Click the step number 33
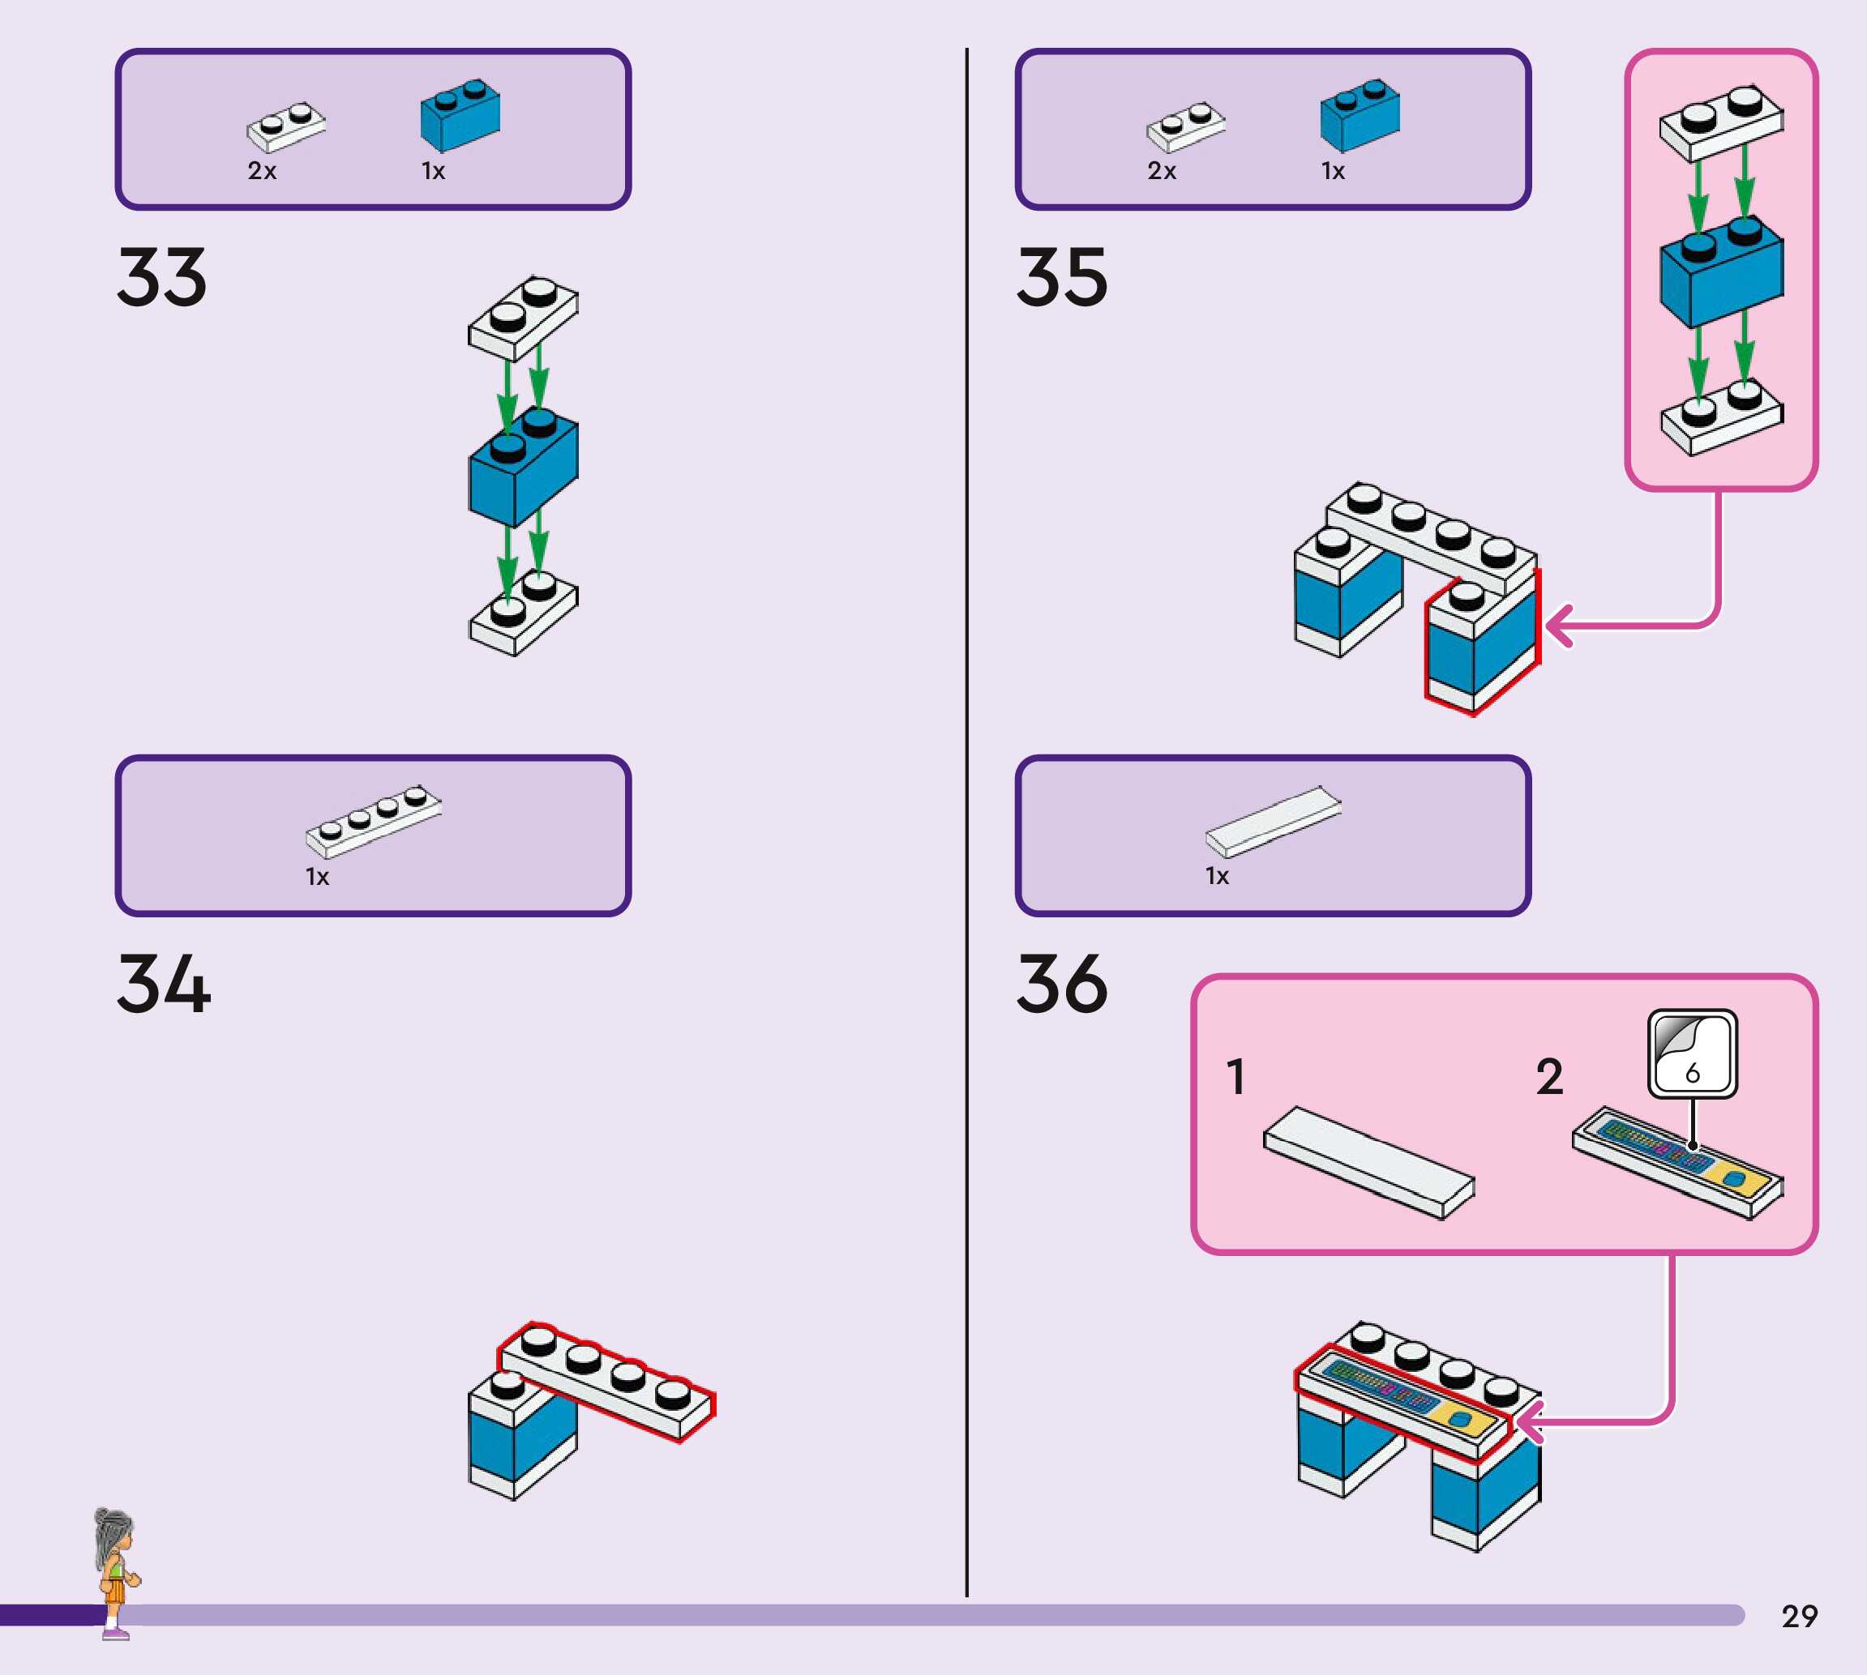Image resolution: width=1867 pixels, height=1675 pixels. coord(162,277)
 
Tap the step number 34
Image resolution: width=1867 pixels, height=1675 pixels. coord(164,984)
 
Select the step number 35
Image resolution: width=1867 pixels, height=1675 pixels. coord(1062,277)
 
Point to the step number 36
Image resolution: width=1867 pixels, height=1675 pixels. coord(1062,984)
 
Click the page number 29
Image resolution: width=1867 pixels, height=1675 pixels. coord(1800,1616)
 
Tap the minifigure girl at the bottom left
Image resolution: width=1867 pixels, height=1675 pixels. coord(116,1573)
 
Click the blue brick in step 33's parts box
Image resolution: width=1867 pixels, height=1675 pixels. coord(460,115)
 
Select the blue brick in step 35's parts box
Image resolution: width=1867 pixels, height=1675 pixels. coord(1360,115)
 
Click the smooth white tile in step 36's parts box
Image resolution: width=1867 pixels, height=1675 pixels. coord(1274,822)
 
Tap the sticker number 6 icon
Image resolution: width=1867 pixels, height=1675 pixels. coord(1692,1053)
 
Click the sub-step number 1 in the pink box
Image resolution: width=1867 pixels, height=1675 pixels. coord(1235,1077)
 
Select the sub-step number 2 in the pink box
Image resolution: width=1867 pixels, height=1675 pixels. coord(1549,1077)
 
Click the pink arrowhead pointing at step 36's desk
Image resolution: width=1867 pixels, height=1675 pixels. coord(1529,1422)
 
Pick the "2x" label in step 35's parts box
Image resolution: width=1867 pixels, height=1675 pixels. coord(1162,171)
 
